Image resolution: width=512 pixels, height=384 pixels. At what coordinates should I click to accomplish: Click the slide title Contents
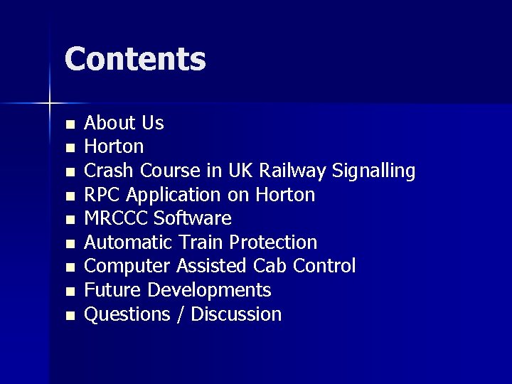[x=135, y=59]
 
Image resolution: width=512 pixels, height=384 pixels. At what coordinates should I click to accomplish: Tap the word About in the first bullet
[x=110, y=123]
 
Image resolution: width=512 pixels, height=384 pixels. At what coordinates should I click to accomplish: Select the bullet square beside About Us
[x=70, y=125]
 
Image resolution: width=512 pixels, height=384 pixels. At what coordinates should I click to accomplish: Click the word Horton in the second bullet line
[x=114, y=146]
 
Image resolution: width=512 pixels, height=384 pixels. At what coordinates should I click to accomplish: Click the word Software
[x=193, y=218]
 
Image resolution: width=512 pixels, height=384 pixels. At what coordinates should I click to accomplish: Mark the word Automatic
[x=125, y=242]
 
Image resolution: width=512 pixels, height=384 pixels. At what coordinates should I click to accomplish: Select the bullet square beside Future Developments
[x=70, y=292]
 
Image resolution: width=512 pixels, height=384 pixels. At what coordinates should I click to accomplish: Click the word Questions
[x=126, y=314]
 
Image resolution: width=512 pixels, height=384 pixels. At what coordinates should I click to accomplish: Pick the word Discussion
[x=236, y=314]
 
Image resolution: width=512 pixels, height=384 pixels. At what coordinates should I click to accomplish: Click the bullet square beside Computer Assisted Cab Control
[x=70, y=268]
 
